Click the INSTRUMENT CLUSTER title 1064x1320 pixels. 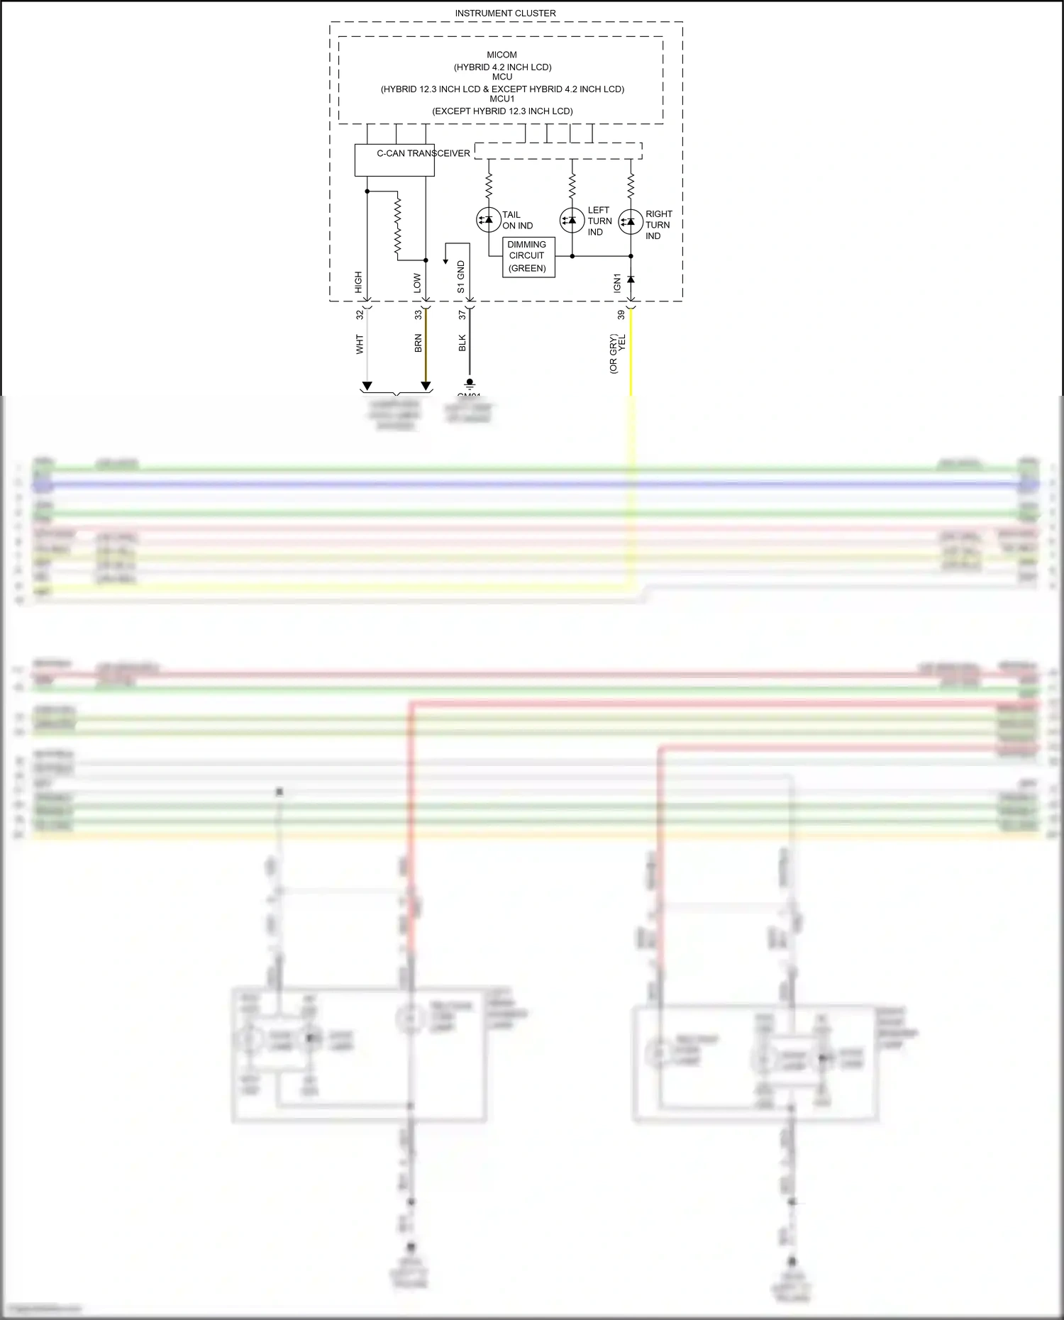click(x=505, y=13)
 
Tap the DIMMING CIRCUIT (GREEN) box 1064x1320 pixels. click(x=528, y=257)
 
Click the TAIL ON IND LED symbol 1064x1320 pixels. click(x=488, y=220)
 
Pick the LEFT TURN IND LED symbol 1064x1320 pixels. click(x=572, y=221)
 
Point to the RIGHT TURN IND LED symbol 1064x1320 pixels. click(x=631, y=222)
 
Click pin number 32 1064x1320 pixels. click(x=360, y=314)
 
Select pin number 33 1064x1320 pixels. click(x=418, y=314)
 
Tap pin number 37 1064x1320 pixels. click(x=462, y=314)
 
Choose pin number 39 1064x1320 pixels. click(x=621, y=314)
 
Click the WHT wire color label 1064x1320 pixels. click(x=360, y=345)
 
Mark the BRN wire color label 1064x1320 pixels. click(x=418, y=343)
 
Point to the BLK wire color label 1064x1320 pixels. click(x=462, y=343)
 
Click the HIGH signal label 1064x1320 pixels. click(x=358, y=282)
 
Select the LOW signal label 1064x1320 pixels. click(x=417, y=284)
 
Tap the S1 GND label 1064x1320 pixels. click(x=461, y=277)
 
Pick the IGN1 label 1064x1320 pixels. click(x=617, y=283)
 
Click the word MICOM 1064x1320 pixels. click(x=501, y=55)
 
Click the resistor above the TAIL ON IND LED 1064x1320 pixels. click(x=489, y=187)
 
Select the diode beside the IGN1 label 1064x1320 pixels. click(x=631, y=279)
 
